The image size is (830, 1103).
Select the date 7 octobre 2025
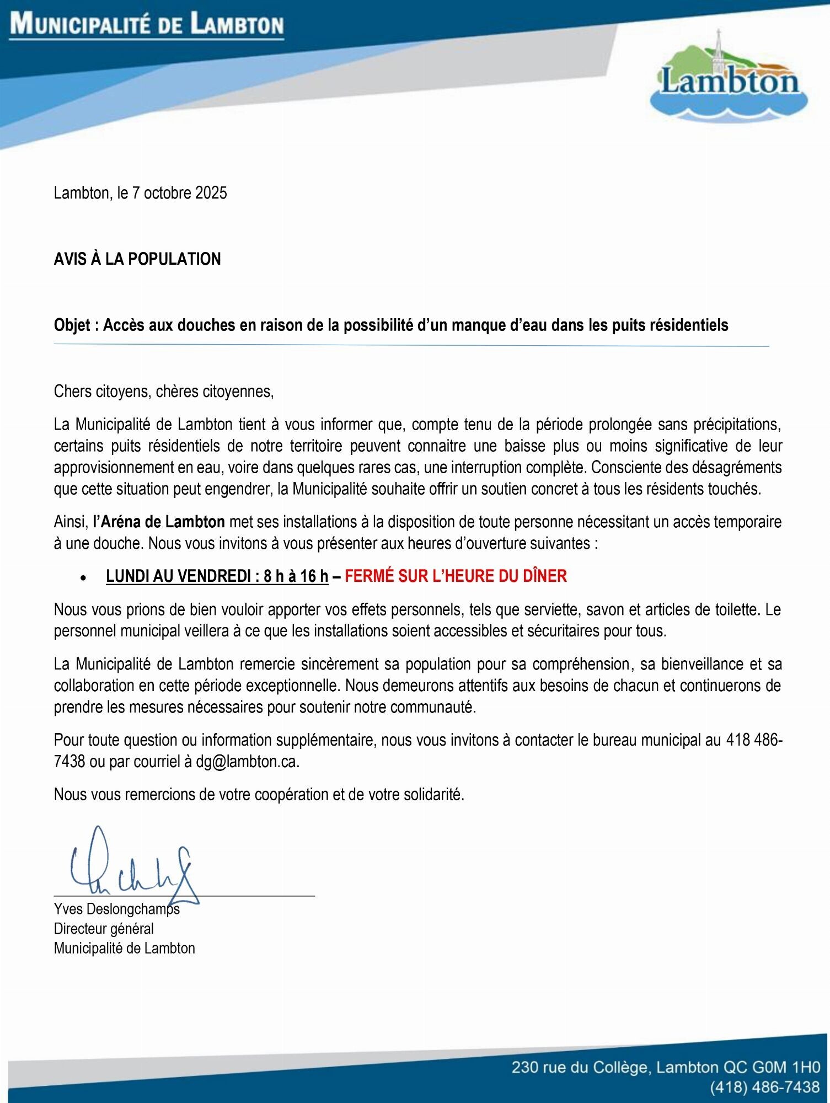(x=179, y=193)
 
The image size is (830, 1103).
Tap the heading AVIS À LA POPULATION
(x=137, y=259)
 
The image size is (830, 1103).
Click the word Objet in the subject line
(x=72, y=325)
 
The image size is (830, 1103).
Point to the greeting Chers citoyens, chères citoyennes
(x=164, y=392)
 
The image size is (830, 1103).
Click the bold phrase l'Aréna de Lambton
(x=159, y=522)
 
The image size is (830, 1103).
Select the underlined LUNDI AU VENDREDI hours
(x=217, y=576)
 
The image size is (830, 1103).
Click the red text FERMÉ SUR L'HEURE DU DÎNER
(x=456, y=576)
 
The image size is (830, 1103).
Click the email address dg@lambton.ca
(x=247, y=762)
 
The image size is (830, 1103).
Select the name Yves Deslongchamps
(x=117, y=909)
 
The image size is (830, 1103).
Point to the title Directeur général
(x=104, y=929)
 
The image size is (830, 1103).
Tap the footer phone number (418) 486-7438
(x=765, y=1087)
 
